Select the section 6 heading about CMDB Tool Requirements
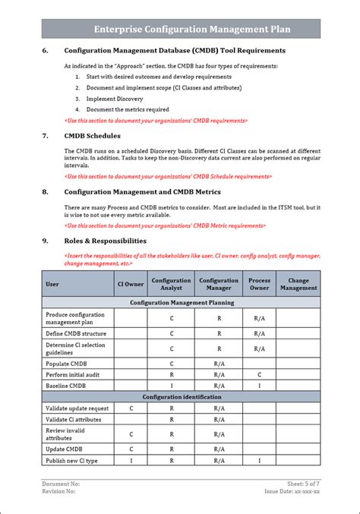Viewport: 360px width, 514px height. pyautogui.click(x=175, y=51)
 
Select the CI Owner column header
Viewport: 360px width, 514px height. pyautogui.click(x=130, y=285)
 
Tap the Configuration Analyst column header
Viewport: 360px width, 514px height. pyautogui.click(x=171, y=285)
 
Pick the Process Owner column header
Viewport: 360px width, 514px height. pyautogui.click(x=259, y=285)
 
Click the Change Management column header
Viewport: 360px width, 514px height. pyautogui.click(x=298, y=285)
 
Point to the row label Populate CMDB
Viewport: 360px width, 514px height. pyautogui.click(x=67, y=364)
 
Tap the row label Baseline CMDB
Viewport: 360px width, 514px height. pyautogui.click(x=66, y=386)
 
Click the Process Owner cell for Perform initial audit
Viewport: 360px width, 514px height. pyautogui.click(x=259, y=375)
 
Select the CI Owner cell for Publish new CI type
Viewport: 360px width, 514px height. pyautogui.click(x=130, y=461)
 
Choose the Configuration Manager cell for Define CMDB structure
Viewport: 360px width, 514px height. pyautogui.click(x=219, y=333)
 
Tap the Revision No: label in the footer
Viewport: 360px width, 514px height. pyautogui.click(x=59, y=492)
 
